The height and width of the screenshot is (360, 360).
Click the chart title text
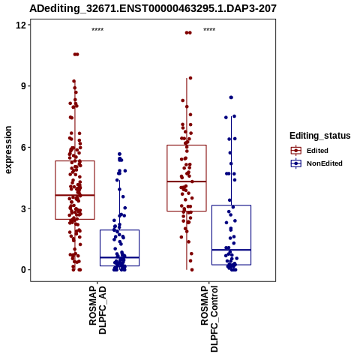[153, 8]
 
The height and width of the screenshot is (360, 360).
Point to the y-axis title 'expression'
[8, 150]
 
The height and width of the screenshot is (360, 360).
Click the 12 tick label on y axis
[21, 25]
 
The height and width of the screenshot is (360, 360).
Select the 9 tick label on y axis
[24, 86]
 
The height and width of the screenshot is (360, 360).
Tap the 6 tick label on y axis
[24, 147]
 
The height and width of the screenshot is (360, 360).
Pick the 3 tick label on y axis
[24, 208]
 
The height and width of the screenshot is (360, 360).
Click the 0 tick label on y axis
[24, 270]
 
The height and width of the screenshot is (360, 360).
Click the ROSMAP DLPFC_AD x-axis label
[97, 310]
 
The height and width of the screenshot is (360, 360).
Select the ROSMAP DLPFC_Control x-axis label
[209, 319]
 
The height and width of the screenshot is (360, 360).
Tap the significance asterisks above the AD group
[97, 30]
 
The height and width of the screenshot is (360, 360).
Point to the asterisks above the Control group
[209, 30]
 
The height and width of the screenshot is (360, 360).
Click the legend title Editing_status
[320, 136]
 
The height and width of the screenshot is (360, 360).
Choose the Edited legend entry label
[317, 151]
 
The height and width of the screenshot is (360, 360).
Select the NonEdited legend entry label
[325, 163]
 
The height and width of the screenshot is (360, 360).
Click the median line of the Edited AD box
[75, 195]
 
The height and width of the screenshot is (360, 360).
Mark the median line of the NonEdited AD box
[119, 257]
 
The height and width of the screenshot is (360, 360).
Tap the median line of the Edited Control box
[187, 181]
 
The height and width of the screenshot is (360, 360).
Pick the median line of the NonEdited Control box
[231, 250]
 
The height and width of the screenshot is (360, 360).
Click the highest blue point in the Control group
[231, 97]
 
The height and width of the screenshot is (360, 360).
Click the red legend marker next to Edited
[296, 151]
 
